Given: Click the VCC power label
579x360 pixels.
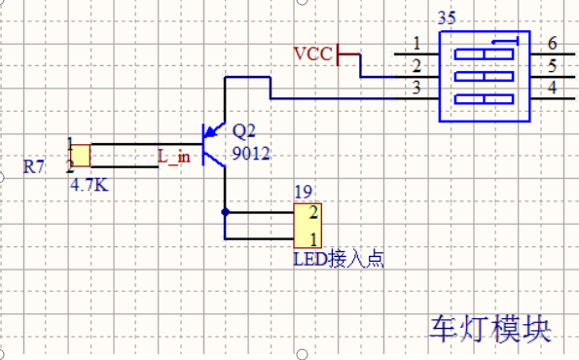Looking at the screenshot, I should [x=312, y=54].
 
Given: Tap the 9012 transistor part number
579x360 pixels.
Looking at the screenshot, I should [x=250, y=154].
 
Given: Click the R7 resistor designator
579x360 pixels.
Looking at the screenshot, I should [x=34, y=167].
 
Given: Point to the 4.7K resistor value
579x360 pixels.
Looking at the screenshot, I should [x=90, y=182].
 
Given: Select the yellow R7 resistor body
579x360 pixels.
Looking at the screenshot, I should [x=81, y=156].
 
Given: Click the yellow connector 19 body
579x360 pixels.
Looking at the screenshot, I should [x=308, y=226].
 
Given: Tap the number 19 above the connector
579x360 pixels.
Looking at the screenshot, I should [x=302, y=191].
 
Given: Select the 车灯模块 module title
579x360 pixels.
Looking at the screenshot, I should [x=491, y=328].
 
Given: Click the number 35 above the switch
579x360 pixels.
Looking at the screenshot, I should [x=447, y=18].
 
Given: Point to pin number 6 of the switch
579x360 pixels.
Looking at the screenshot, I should [x=552, y=44].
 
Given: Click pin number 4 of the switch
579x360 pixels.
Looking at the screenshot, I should [x=552, y=89].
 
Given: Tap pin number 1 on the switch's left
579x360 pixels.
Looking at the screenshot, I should [x=416, y=44].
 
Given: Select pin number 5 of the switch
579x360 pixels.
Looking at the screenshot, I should [x=552, y=66].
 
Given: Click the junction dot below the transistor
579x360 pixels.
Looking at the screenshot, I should [x=225, y=211].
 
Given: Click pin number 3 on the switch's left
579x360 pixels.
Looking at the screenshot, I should [x=416, y=89].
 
